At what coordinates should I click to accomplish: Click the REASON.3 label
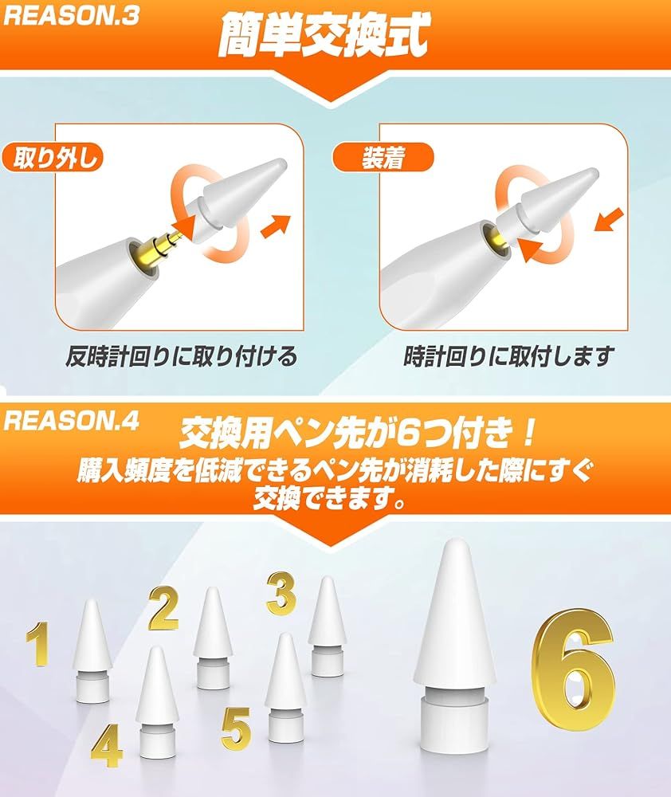click(71, 15)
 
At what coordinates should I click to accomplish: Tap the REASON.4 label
click(71, 421)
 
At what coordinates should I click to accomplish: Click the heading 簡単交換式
click(324, 34)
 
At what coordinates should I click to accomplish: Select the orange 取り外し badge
click(53, 157)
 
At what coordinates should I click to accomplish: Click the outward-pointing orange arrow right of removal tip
click(276, 226)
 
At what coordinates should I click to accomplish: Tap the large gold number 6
click(572, 669)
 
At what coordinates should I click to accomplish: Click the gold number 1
click(38, 643)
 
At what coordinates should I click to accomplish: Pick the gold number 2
click(163, 607)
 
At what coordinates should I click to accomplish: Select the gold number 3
click(281, 593)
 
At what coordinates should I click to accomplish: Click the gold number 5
click(237, 728)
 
